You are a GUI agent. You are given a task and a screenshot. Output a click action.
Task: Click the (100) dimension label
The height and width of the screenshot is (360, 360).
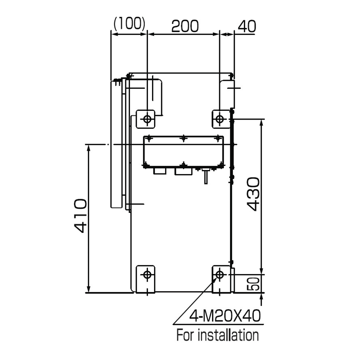coord(130,24)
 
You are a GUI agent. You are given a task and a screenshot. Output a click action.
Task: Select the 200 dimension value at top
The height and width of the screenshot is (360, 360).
coord(185,26)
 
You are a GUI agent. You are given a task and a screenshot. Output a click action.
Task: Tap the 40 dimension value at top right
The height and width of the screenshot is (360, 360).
coord(247,26)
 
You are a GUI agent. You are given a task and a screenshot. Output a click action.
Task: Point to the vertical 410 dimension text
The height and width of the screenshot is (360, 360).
coord(80,216)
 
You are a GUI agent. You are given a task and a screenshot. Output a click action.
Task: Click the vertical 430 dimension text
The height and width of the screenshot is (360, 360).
coord(253,194)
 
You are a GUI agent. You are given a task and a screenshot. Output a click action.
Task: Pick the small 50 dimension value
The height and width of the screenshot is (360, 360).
coord(253,284)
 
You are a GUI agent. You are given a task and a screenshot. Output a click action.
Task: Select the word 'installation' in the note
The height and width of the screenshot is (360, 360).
coord(228,335)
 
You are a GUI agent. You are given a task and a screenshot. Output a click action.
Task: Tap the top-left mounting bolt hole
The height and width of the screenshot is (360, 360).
coord(147,119)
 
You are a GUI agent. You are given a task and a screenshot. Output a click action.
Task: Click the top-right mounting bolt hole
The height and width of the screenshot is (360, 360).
coord(220,119)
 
